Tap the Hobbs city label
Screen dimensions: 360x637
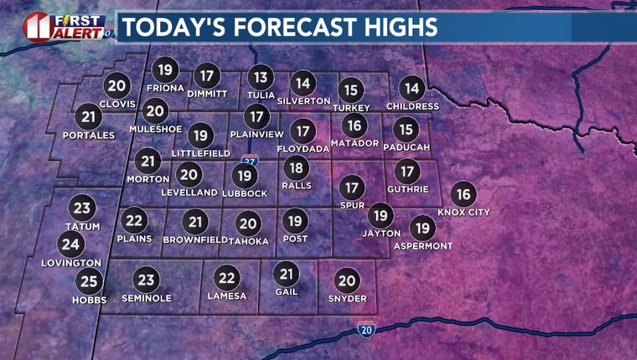(89, 300)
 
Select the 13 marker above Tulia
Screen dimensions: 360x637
(261, 78)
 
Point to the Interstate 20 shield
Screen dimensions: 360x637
(366, 329)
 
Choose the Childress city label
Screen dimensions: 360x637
(412, 106)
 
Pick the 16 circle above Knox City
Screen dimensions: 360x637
(463, 194)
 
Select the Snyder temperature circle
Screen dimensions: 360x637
(347, 281)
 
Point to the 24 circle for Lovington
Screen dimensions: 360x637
(71, 244)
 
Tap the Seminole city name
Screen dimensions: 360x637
(147, 298)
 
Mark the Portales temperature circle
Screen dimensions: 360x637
(88, 117)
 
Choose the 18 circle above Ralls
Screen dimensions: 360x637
(296, 168)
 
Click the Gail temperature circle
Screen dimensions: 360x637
(286, 274)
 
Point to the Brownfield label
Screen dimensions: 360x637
(194, 240)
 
